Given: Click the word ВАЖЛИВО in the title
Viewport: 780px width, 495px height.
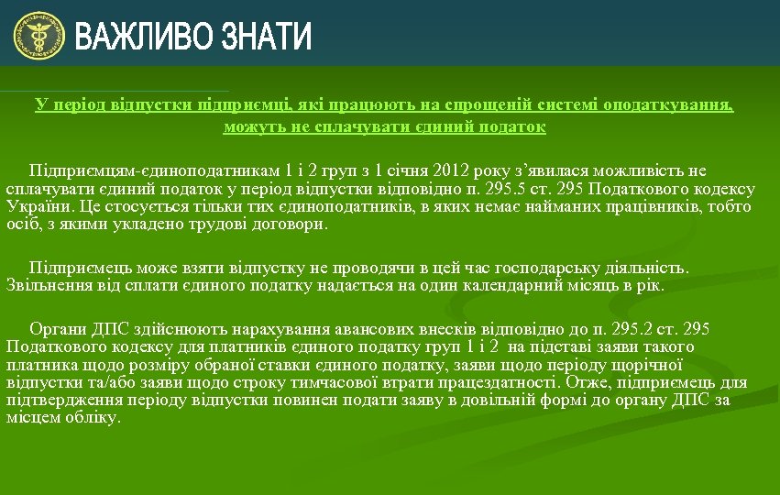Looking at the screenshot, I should click(x=134, y=38).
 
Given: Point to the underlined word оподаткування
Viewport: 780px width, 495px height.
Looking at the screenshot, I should click(x=676, y=104).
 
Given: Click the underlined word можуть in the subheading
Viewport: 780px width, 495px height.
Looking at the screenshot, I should click(x=252, y=126).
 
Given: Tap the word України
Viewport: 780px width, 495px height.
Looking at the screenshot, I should click(x=38, y=207).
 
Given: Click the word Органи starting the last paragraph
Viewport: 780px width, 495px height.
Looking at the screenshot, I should click(x=57, y=329).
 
